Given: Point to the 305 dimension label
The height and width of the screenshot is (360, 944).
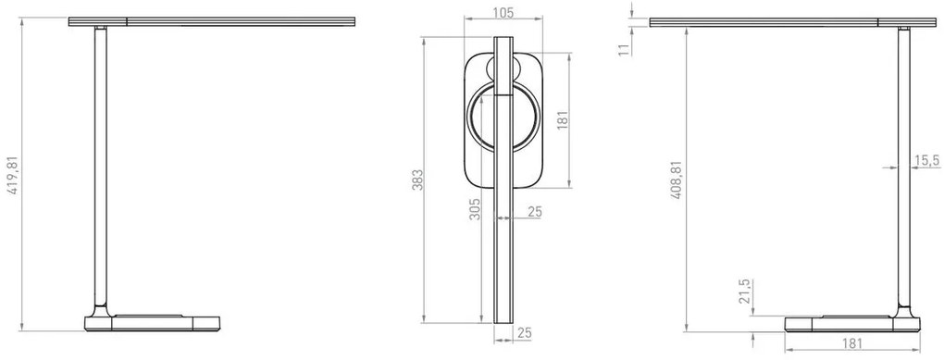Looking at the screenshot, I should point(474,213).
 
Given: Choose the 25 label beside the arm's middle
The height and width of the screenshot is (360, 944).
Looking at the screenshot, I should point(534,213).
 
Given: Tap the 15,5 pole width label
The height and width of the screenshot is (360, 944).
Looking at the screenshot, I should point(926,159).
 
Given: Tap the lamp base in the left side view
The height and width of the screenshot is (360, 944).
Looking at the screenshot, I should point(154,323).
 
